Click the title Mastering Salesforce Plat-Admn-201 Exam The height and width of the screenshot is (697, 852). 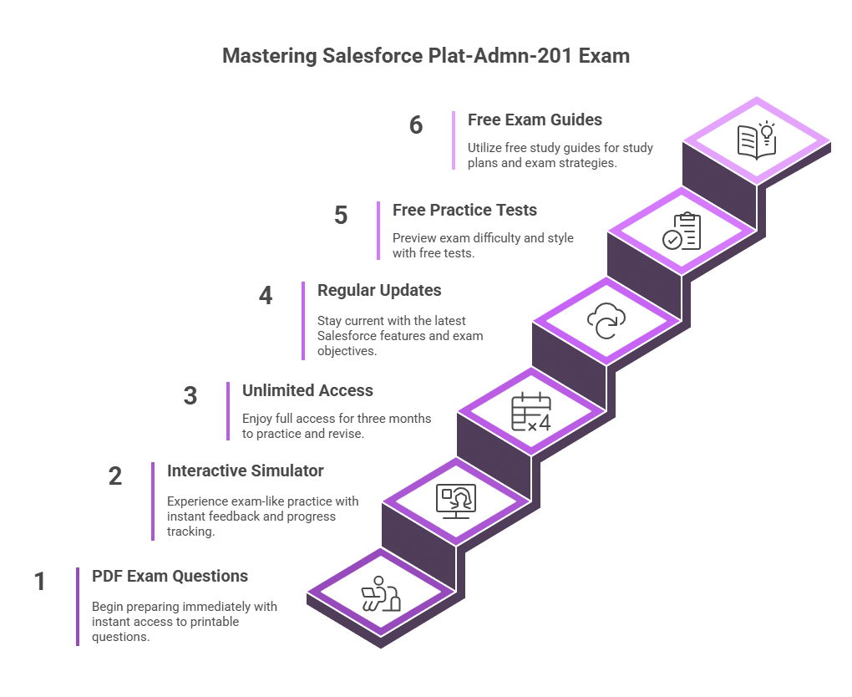point(426,57)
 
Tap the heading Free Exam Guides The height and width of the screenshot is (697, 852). point(535,120)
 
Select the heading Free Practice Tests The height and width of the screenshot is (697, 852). point(464,210)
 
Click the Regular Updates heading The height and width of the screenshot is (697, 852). point(379,290)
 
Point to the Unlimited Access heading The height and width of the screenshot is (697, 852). point(307,390)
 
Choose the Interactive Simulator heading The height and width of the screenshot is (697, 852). point(245,471)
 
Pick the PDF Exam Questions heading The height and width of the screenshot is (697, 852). point(170,576)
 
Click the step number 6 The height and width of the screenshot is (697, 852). point(416,125)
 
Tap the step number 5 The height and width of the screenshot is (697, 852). point(341,216)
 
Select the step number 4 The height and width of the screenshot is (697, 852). point(266,296)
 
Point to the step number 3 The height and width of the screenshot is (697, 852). point(190,396)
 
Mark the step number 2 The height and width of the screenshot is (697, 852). point(115,476)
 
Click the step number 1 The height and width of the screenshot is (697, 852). point(39,582)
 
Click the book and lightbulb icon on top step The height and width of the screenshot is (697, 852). point(757,140)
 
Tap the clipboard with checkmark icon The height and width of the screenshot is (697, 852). point(682,231)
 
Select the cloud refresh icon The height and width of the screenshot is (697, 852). point(606,321)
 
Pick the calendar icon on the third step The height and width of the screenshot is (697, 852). point(531,411)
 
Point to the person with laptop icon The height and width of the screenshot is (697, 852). point(381,593)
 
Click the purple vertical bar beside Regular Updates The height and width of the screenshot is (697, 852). point(303,320)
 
